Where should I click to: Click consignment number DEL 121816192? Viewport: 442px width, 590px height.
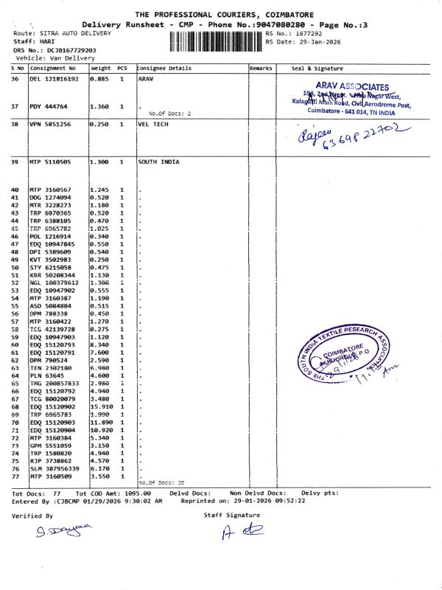pos(53,78)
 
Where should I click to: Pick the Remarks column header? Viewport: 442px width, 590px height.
pos(261,68)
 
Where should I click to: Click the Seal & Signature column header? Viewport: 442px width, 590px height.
pos(312,68)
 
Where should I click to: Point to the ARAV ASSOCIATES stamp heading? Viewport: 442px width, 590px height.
pos(352,86)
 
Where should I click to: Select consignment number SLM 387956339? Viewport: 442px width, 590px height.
pos(56,469)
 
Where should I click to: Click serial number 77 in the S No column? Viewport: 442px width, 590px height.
pos(15,476)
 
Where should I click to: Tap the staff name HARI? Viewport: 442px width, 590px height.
pos(47,42)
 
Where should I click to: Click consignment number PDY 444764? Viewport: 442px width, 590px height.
pos(49,107)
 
